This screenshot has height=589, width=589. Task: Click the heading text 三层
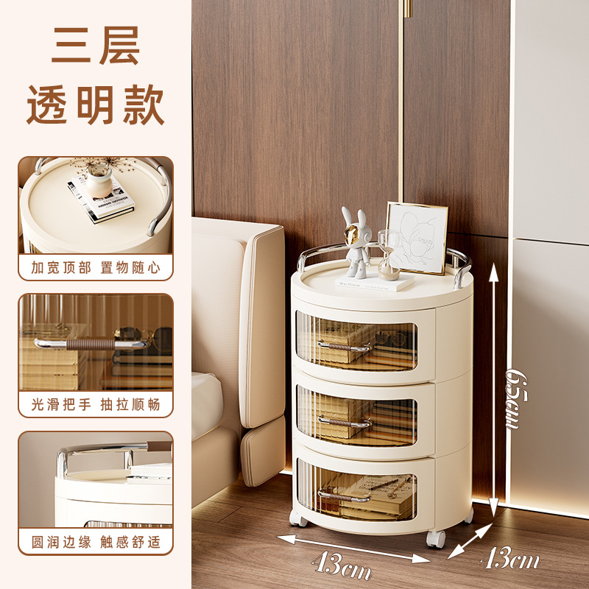pos(96,46)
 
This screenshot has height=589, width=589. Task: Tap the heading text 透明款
pos(96,105)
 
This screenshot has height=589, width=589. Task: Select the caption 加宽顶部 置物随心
pos(96,268)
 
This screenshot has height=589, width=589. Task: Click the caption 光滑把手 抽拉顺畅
pos(96,404)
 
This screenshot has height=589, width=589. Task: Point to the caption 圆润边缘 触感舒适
pos(96,542)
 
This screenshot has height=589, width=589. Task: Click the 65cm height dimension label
pos(516,399)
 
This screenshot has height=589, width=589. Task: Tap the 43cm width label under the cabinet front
pos(341,565)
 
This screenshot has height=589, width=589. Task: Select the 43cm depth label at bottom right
pos(510,558)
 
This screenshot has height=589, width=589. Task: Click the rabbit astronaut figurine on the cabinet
pos(356,243)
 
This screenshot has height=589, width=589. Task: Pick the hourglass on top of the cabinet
pos(389,255)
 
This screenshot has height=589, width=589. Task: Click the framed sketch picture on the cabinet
pos(417,238)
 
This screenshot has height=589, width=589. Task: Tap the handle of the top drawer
pos(344,346)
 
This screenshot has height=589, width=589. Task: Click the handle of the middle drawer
pos(345,422)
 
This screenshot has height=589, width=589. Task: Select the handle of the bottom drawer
pos(344,496)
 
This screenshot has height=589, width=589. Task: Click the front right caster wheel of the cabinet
pos(436,539)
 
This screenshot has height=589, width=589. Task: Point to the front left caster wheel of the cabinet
pos(298,518)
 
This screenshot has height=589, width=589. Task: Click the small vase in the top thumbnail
pos(99,181)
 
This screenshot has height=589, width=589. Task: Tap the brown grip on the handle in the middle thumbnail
pos(90,344)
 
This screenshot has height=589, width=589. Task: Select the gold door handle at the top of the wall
pos(408,9)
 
